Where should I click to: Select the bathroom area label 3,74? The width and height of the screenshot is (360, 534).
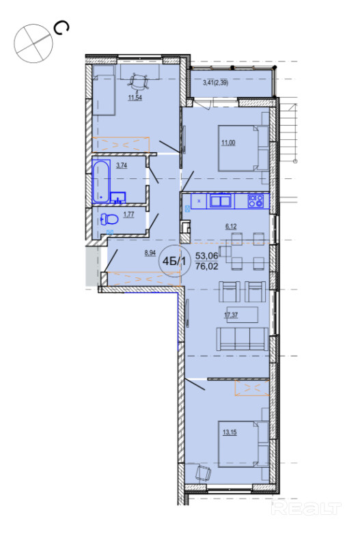pyautogui.click(x=122, y=165)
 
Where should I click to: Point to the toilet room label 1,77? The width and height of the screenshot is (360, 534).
pyautogui.click(x=128, y=214)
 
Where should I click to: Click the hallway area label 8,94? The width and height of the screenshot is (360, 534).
pyautogui.click(x=150, y=253)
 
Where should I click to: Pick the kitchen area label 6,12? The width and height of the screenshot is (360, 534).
pyautogui.click(x=231, y=227)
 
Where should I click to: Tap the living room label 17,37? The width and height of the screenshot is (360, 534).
pyautogui.click(x=231, y=315)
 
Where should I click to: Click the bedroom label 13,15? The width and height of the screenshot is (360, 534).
pyautogui.click(x=230, y=432)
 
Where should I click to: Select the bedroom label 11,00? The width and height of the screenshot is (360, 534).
pyautogui.click(x=228, y=143)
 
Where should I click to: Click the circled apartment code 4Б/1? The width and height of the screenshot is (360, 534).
pyautogui.click(x=174, y=262)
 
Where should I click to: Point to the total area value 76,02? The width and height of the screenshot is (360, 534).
pyautogui.click(x=207, y=266)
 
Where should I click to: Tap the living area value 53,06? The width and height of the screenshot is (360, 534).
pyautogui.click(x=207, y=255)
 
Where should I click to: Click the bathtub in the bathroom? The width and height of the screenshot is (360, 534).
pyautogui.click(x=102, y=182)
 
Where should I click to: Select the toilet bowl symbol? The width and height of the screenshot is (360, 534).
pyautogui.click(x=110, y=219)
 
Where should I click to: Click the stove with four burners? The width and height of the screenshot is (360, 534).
pyautogui.click(x=255, y=201)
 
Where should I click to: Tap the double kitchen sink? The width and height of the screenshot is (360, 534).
pyautogui.click(x=221, y=200)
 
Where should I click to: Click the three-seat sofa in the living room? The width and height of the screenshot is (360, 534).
pyautogui.click(x=242, y=339)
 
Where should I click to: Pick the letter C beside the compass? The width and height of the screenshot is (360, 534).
pyautogui.click(x=61, y=29)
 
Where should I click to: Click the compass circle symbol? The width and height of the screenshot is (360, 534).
pyautogui.click(x=33, y=43)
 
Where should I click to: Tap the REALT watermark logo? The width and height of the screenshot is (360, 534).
pyautogui.click(x=307, y=509)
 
